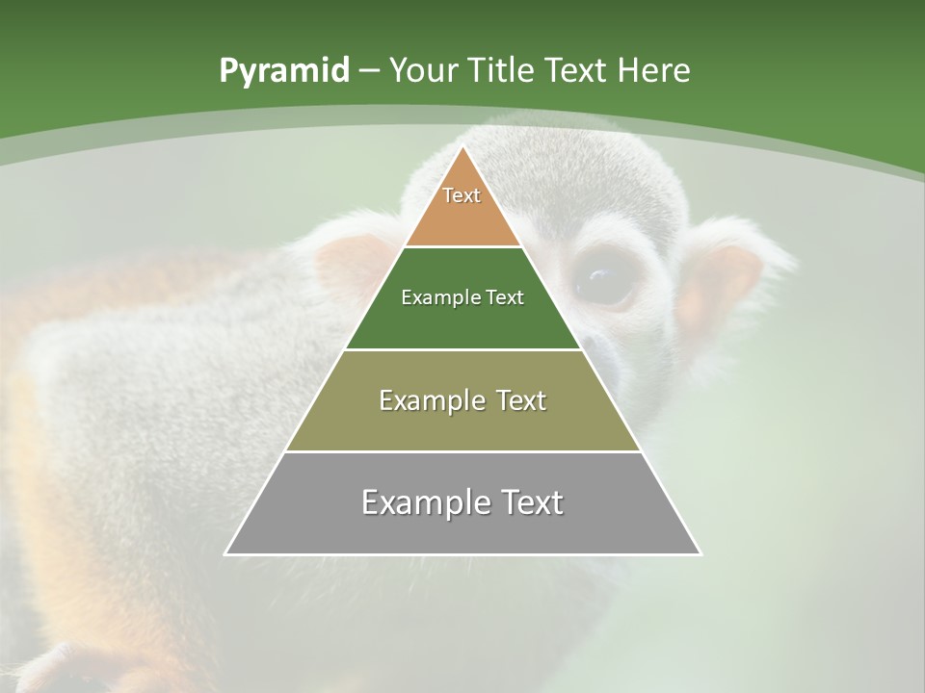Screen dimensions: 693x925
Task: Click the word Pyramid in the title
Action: tap(284, 71)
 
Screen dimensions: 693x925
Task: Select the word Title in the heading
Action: tap(503, 71)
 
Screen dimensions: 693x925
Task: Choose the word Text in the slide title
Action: tap(577, 71)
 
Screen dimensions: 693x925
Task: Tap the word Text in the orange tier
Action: tap(462, 195)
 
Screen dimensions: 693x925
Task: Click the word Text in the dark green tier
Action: tap(505, 298)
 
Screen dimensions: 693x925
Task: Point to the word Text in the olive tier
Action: tap(521, 400)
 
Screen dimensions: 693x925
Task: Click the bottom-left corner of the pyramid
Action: tap(226, 553)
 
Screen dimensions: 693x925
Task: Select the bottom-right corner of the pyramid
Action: tap(700, 553)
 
